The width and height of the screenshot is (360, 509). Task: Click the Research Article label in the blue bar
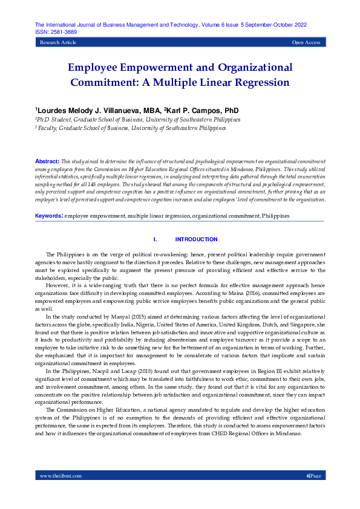58,43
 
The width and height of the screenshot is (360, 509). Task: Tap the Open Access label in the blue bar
306,43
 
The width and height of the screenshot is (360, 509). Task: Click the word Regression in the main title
257,82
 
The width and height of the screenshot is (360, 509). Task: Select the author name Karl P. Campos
194,111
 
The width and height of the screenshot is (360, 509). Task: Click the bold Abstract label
46,162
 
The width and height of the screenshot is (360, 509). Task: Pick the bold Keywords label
48,215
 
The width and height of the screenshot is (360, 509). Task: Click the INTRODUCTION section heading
196,239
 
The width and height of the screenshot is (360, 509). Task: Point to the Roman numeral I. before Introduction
155,239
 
